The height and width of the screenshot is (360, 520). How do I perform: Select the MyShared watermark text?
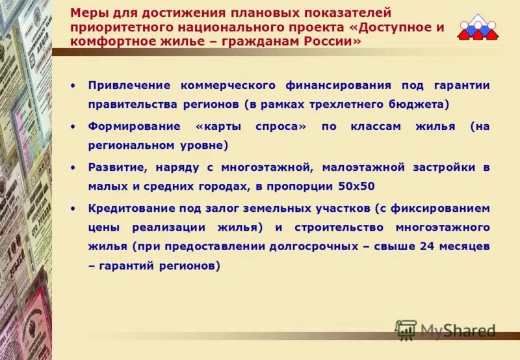click(458, 330)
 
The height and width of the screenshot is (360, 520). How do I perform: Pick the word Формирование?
click(128, 126)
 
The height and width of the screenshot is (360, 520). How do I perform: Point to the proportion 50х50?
click(356, 186)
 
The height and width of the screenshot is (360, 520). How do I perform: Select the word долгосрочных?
click(315, 246)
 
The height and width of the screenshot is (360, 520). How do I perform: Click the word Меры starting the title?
click(85, 13)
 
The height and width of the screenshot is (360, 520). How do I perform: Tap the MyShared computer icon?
click(406, 330)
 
